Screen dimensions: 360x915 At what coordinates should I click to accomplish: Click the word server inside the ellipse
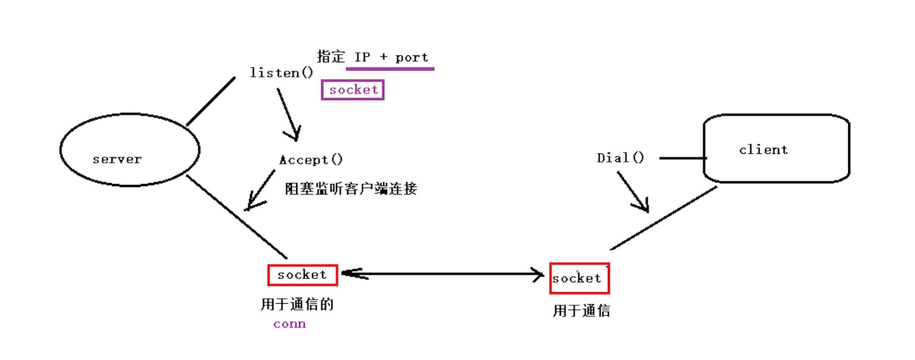click(x=117, y=159)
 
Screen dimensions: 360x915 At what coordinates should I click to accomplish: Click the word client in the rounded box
click(x=763, y=150)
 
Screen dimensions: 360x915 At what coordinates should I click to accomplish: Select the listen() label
click(x=282, y=73)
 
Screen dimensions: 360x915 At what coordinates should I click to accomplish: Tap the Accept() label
click(x=311, y=160)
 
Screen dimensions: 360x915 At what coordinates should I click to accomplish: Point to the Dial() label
click(x=620, y=158)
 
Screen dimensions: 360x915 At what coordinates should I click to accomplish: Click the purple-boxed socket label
click(x=353, y=90)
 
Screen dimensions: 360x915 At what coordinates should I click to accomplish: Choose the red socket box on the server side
click(x=302, y=275)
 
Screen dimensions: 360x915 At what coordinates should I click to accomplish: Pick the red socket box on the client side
click(x=579, y=278)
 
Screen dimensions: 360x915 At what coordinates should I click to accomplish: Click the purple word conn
click(x=290, y=324)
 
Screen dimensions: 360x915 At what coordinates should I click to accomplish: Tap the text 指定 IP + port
click(x=373, y=57)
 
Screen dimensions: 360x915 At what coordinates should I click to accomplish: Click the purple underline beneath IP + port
click(x=390, y=69)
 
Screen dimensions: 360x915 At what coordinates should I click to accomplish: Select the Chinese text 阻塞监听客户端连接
click(x=351, y=189)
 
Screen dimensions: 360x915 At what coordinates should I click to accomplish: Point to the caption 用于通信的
click(x=297, y=304)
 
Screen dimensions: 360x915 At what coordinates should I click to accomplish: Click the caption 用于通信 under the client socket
click(x=581, y=311)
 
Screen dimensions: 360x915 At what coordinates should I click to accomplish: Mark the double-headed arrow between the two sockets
click(x=442, y=274)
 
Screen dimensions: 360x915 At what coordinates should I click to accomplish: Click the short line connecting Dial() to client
click(x=682, y=158)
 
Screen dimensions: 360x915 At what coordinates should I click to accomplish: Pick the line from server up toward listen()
click(x=211, y=101)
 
